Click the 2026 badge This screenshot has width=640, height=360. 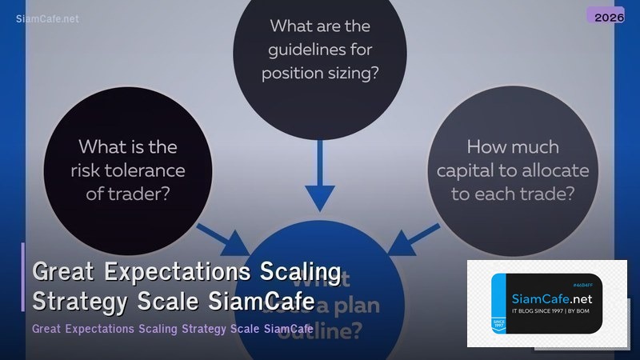pyautogui.click(x=605, y=15)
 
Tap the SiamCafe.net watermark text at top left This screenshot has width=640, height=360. pyautogui.click(x=47, y=18)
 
